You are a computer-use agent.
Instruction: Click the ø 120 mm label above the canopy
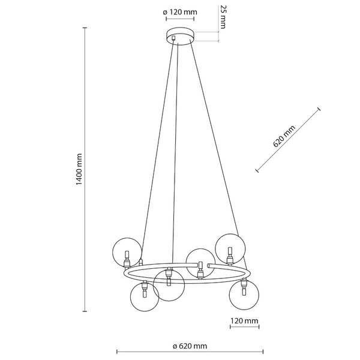pyautogui.click(x=179, y=12)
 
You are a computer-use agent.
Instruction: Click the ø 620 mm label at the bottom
pyautogui.click(x=190, y=346)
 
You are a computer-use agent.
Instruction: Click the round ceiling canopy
pyautogui.click(x=179, y=36)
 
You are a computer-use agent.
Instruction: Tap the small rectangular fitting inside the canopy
pyautogui.click(x=174, y=38)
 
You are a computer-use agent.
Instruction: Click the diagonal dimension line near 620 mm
pyautogui.click(x=288, y=141)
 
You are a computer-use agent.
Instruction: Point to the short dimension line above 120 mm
pyautogui.click(x=244, y=328)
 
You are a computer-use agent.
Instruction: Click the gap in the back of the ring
pyautogui.click(x=205, y=265)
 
